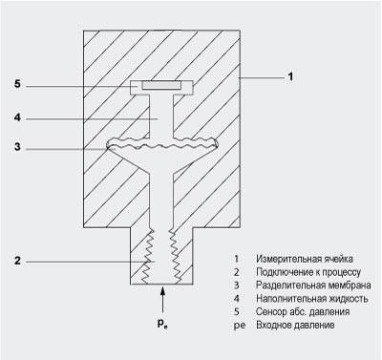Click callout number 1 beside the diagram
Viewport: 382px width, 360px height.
[290, 77]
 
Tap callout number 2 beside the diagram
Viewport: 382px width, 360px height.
[17, 261]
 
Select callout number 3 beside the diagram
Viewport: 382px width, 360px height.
[17, 147]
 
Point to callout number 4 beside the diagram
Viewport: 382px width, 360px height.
[17, 117]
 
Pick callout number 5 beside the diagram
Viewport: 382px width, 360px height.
[17, 84]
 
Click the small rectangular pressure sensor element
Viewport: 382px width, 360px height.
[161, 85]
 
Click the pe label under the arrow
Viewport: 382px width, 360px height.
[162, 324]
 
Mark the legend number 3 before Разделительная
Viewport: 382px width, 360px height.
[236, 285]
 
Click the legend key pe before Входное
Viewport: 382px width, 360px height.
[239, 326]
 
